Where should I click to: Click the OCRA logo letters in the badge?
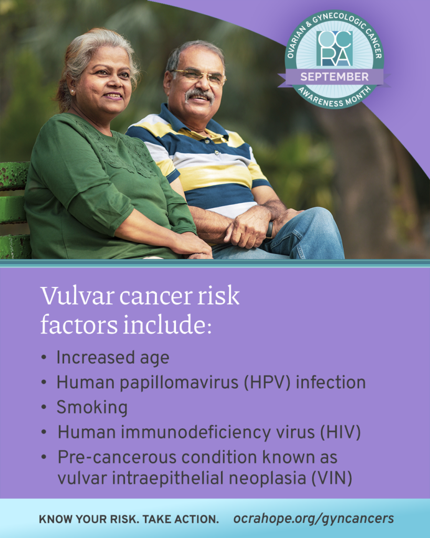[334, 48]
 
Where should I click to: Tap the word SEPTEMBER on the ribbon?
[334, 77]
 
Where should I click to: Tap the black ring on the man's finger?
[270, 229]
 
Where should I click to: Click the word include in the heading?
[165, 324]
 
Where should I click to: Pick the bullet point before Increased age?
[44, 357]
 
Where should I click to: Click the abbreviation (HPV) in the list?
[267, 382]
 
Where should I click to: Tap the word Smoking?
[92, 408]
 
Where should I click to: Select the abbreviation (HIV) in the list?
[340, 432]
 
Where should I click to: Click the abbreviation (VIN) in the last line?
[332, 478]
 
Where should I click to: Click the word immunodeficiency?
[196, 432]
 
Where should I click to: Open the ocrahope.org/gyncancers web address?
[313, 519]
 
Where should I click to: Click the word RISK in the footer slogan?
[123, 519]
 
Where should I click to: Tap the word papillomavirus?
[179, 382]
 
